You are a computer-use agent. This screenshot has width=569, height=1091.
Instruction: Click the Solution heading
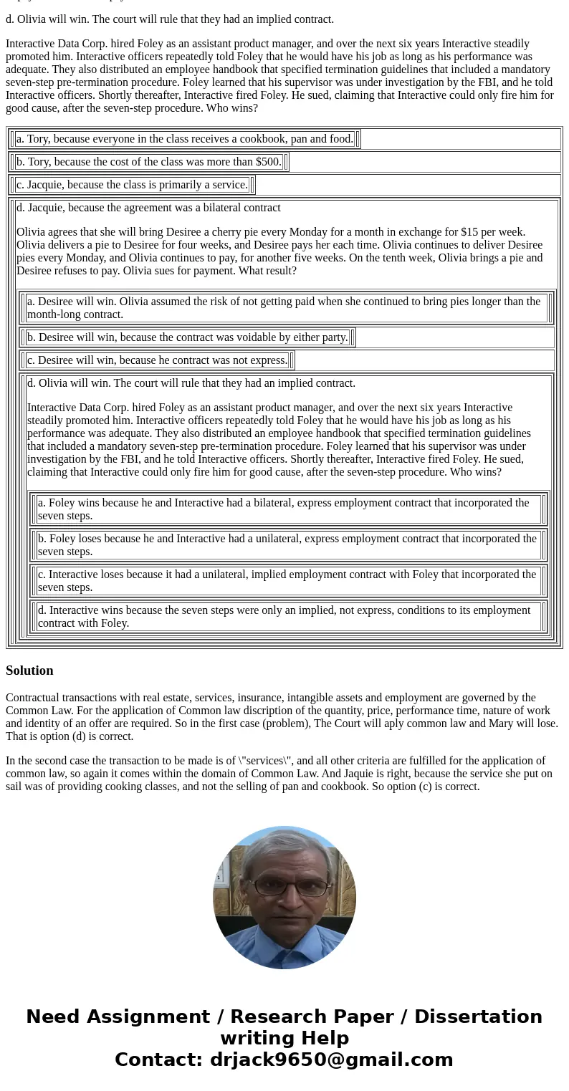(29, 671)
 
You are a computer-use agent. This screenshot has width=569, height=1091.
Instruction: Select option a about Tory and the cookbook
(184, 139)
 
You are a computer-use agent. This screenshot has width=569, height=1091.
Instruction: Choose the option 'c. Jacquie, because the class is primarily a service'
(132, 185)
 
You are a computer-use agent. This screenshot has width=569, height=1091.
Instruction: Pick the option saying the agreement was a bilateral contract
(148, 208)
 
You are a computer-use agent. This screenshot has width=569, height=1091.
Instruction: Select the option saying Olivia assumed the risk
(284, 308)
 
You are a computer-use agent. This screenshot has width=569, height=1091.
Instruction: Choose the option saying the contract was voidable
(187, 337)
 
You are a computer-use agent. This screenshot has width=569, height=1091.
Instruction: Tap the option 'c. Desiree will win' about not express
(157, 360)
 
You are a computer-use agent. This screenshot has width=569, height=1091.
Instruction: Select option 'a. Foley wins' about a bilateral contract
(284, 509)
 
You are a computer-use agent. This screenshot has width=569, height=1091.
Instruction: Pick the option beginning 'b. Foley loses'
(287, 545)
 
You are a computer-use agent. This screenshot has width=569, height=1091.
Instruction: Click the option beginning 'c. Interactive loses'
(287, 581)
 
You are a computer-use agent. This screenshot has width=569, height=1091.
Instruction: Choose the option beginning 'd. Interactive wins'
(284, 617)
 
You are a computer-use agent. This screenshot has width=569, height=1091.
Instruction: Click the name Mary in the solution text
(502, 724)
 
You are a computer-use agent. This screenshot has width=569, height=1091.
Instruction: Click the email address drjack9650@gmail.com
(331, 1060)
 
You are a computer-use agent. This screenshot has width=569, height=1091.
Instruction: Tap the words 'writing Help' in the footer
(284, 1039)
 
